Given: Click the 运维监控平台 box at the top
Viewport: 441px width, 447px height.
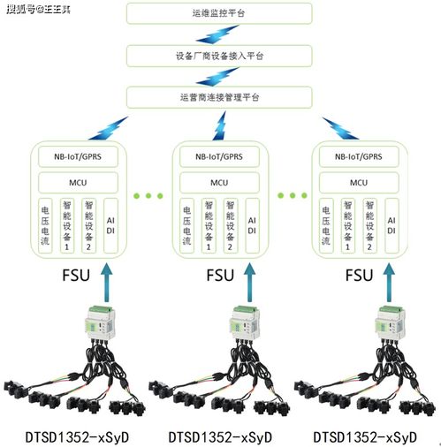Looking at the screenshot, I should [219, 15].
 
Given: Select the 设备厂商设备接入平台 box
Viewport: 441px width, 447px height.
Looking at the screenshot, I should [219, 56].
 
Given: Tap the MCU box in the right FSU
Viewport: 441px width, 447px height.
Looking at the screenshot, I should [359, 183].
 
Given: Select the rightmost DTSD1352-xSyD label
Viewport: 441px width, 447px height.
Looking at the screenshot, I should [366, 436].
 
